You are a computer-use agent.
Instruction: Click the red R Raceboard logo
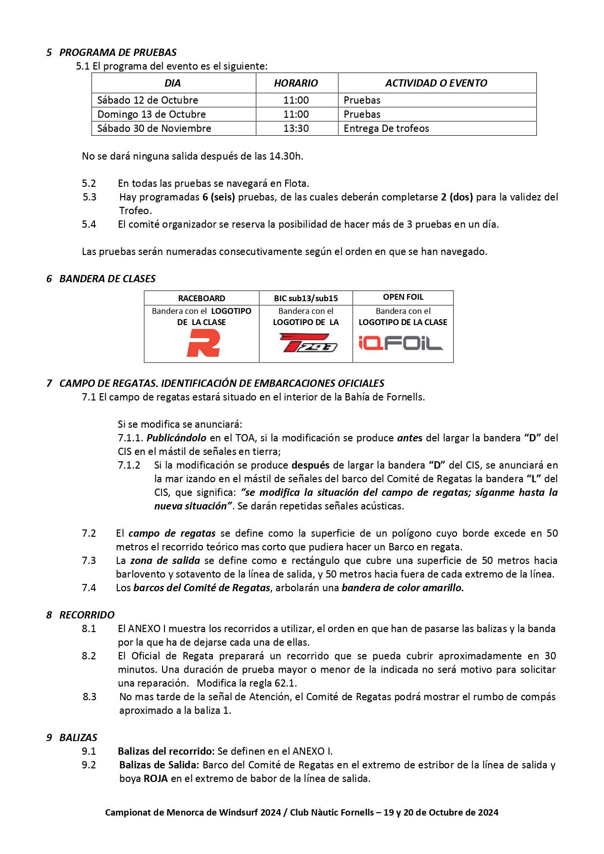(203, 343)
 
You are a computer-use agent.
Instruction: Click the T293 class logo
(308, 343)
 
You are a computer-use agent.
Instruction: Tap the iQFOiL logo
(401, 343)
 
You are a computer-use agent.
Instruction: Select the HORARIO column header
(296, 83)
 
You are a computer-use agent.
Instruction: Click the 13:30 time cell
(296, 128)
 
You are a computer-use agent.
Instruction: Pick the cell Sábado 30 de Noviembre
(154, 128)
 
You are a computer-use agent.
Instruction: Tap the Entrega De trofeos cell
(386, 128)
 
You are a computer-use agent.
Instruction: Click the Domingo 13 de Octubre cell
(152, 114)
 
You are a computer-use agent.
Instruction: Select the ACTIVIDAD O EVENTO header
(436, 83)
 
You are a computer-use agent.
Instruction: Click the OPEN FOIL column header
(403, 297)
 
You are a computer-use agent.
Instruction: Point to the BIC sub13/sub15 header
(306, 298)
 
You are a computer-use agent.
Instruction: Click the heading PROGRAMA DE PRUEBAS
(118, 53)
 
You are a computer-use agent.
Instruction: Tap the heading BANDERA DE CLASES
(107, 279)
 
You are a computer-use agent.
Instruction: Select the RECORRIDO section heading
(87, 615)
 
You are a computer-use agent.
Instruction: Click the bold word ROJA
(156, 779)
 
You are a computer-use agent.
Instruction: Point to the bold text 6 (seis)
(219, 197)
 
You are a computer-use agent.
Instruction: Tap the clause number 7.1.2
(129, 465)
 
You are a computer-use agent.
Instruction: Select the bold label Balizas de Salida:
(159, 765)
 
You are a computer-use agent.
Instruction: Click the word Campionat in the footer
(127, 812)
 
